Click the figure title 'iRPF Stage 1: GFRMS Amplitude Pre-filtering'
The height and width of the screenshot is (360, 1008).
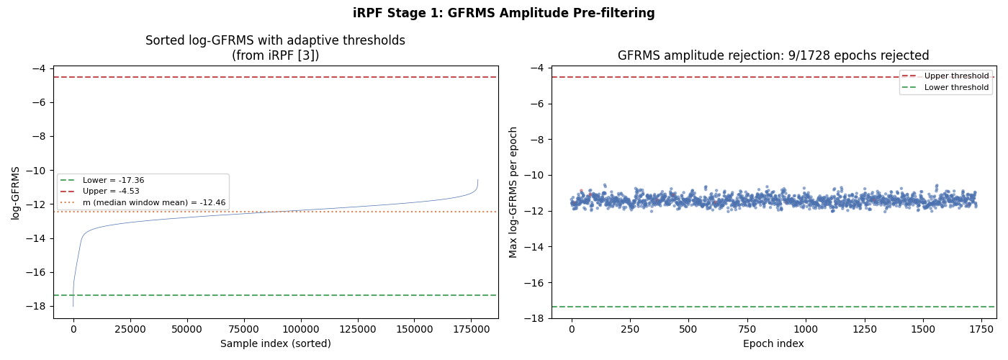point(503,13)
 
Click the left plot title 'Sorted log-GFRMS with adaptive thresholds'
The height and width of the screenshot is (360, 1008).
point(275,40)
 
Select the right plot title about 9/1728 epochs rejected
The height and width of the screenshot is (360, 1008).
point(773,55)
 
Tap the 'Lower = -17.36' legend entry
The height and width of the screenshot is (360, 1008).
point(113,180)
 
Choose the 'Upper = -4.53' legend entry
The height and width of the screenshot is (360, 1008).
point(111,192)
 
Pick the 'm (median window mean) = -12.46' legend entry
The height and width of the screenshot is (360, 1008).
point(153,203)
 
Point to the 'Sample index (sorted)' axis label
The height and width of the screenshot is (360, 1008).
point(275,344)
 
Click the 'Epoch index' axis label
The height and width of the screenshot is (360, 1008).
point(773,344)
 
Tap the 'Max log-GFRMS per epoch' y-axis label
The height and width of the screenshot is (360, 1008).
point(513,192)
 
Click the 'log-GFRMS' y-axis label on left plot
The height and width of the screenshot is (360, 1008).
point(16,192)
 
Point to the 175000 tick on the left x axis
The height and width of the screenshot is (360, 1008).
point(471,329)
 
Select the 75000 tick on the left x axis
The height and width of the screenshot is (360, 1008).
point(243,329)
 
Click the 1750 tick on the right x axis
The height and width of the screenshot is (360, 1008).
point(980,329)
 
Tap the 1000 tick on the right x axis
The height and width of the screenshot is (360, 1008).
point(805,329)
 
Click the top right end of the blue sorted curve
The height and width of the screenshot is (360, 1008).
point(477,180)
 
